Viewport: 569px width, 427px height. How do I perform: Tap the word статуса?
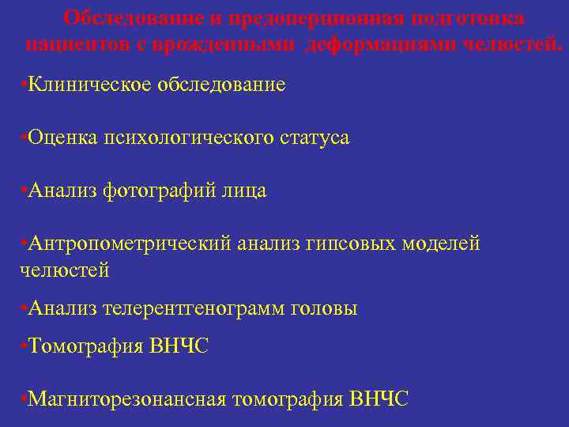coord(314,138)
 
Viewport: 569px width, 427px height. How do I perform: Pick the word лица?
coord(246,191)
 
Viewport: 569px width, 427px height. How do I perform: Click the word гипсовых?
coord(355,244)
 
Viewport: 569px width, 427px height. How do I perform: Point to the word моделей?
coord(441,244)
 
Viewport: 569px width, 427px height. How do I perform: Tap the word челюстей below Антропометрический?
coord(64,270)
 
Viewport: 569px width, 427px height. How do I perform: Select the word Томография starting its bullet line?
coord(85,346)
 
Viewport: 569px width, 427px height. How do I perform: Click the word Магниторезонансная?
coord(126,399)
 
